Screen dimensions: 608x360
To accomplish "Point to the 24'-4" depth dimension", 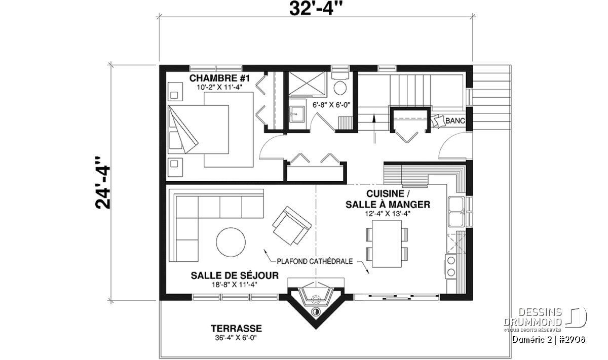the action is click(x=103, y=183).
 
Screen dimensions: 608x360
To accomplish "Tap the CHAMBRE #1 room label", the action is click(x=219, y=78).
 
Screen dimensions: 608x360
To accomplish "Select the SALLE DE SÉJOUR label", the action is click(x=235, y=275).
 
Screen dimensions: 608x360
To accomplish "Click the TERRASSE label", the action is click(x=236, y=329).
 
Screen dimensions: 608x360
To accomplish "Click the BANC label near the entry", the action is click(x=455, y=121).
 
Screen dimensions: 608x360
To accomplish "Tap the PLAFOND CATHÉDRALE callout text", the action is click(x=315, y=261).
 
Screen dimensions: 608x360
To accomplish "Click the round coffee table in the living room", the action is click(x=231, y=242).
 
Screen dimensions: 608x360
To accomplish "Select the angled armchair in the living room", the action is click(x=292, y=226).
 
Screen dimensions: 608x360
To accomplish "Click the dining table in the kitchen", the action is click(x=387, y=244).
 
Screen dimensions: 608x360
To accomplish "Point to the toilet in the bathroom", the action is click(x=340, y=84).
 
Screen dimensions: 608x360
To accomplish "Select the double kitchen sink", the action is click(x=457, y=212).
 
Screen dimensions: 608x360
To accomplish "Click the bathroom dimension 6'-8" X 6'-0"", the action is click(x=331, y=105).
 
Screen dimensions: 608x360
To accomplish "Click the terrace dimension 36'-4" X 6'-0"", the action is click(x=236, y=338).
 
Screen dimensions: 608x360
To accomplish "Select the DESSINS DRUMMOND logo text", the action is click(x=533, y=317).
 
